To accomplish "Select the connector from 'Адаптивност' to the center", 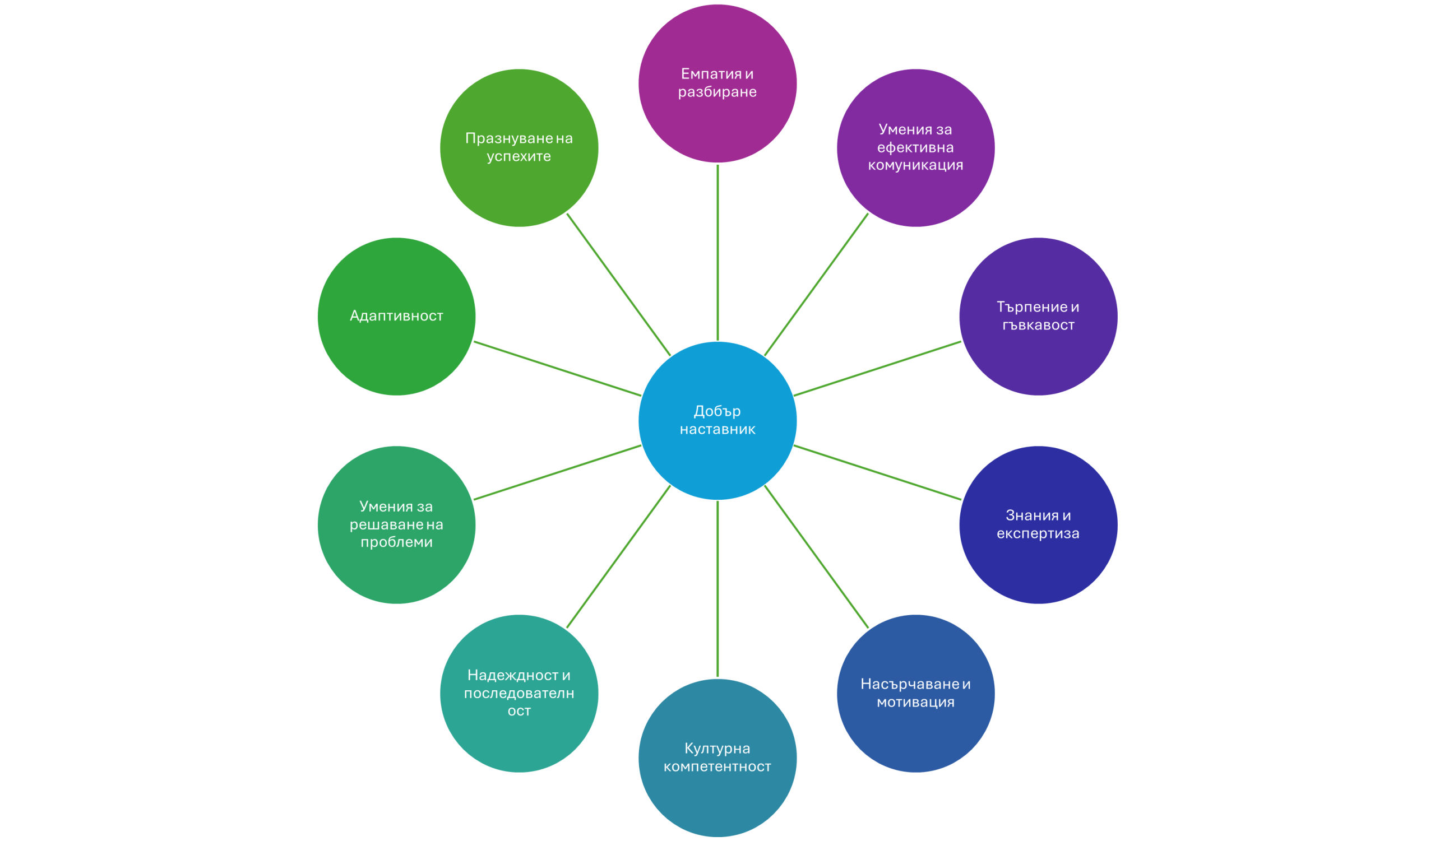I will [558, 368].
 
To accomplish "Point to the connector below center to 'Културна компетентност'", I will [717, 589].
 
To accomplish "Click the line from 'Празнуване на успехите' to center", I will [618, 285].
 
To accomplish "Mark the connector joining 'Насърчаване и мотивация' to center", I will [817, 557].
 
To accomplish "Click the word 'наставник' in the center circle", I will [717, 429].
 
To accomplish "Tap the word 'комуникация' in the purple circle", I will [915, 165].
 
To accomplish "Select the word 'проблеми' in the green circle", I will [396, 542].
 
